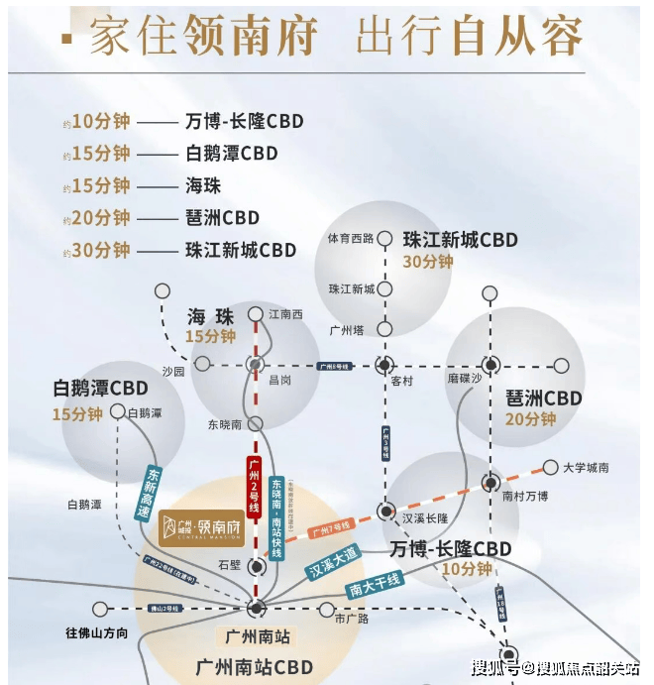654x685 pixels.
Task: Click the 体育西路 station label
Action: pyautogui.click(x=351, y=239)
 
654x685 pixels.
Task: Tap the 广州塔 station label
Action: pyautogui.click(x=348, y=330)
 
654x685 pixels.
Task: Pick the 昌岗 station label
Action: pyautogui.click(x=280, y=379)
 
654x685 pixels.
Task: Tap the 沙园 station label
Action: pyautogui.click(x=172, y=372)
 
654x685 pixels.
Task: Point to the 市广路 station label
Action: pyautogui.click(x=351, y=619)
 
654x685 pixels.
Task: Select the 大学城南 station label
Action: pyautogui.click(x=586, y=467)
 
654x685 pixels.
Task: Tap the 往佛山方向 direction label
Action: pyautogui.click(x=96, y=632)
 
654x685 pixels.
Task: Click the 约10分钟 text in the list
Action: pyautogui.click(x=96, y=122)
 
